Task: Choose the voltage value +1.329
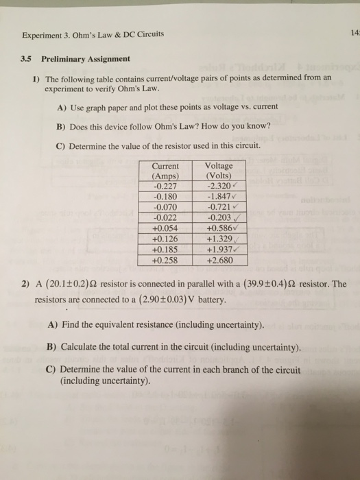point(218,239)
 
